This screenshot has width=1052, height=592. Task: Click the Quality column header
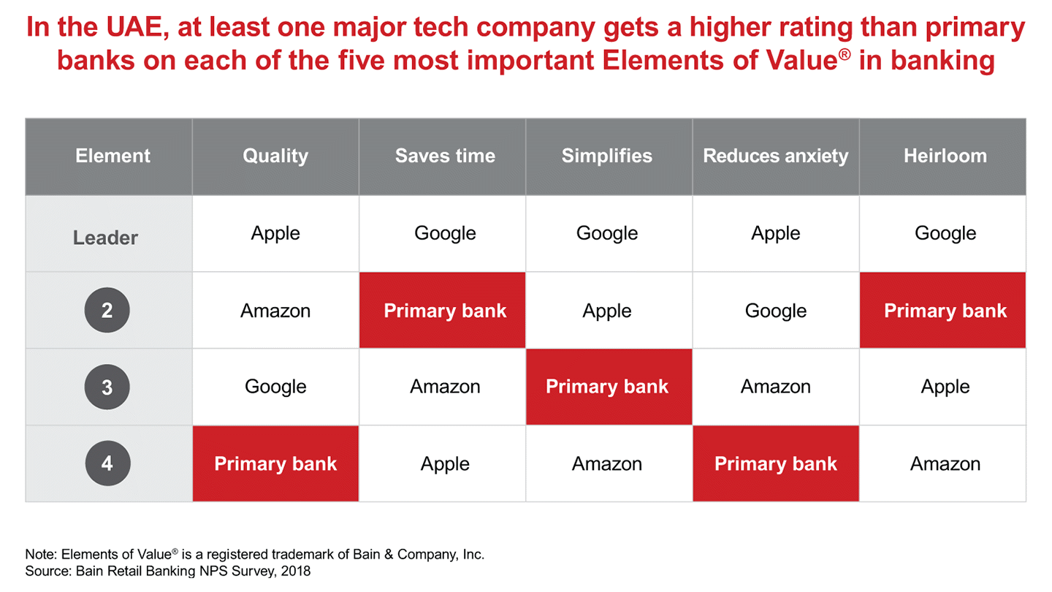click(x=275, y=156)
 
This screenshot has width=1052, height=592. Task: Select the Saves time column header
click(x=445, y=156)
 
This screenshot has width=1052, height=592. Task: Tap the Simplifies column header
click(x=607, y=156)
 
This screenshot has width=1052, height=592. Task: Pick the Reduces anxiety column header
click(x=776, y=156)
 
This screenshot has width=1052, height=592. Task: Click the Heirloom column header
click(x=945, y=156)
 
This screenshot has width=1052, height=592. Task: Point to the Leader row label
click(x=106, y=238)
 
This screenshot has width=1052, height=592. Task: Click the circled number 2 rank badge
click(x=107, y=311)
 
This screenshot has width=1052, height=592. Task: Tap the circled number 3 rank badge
click(x=107, y=387)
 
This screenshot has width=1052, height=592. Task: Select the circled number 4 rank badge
click(x=107, y=463)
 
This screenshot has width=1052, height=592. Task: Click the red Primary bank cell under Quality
click(x=275, y=464)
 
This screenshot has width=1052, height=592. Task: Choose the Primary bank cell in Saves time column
click(x=445, y=311)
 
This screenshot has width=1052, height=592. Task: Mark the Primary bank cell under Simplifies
click(x=607, y=387)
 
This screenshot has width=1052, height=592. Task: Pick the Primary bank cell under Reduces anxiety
click(x=776, y=464)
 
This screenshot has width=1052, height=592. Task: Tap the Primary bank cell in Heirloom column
click(x=945, y=311)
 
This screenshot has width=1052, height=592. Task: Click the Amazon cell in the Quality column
click(x=275, y=311)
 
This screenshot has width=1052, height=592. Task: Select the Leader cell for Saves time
click(x=445, y=233)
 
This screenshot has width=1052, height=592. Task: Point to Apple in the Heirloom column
click(x=945, y=387)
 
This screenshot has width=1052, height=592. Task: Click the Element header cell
click(x=113, y=156)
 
